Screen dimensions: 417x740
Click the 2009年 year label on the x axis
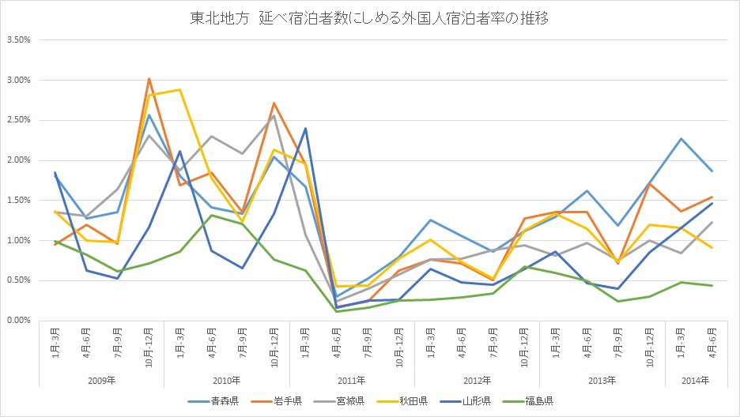click(101, 381)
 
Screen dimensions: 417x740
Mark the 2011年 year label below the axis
click(352, 381)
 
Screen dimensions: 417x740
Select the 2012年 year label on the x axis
click(477, 381)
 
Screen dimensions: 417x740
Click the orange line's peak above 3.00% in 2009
click(149, 79)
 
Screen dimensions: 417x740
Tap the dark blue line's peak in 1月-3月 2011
click(305, 128)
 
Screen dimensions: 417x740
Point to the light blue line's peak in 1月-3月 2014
click(681, 138)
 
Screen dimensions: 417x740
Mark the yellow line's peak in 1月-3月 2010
click(180, 89)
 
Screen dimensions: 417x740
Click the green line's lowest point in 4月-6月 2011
click(337, 311)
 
